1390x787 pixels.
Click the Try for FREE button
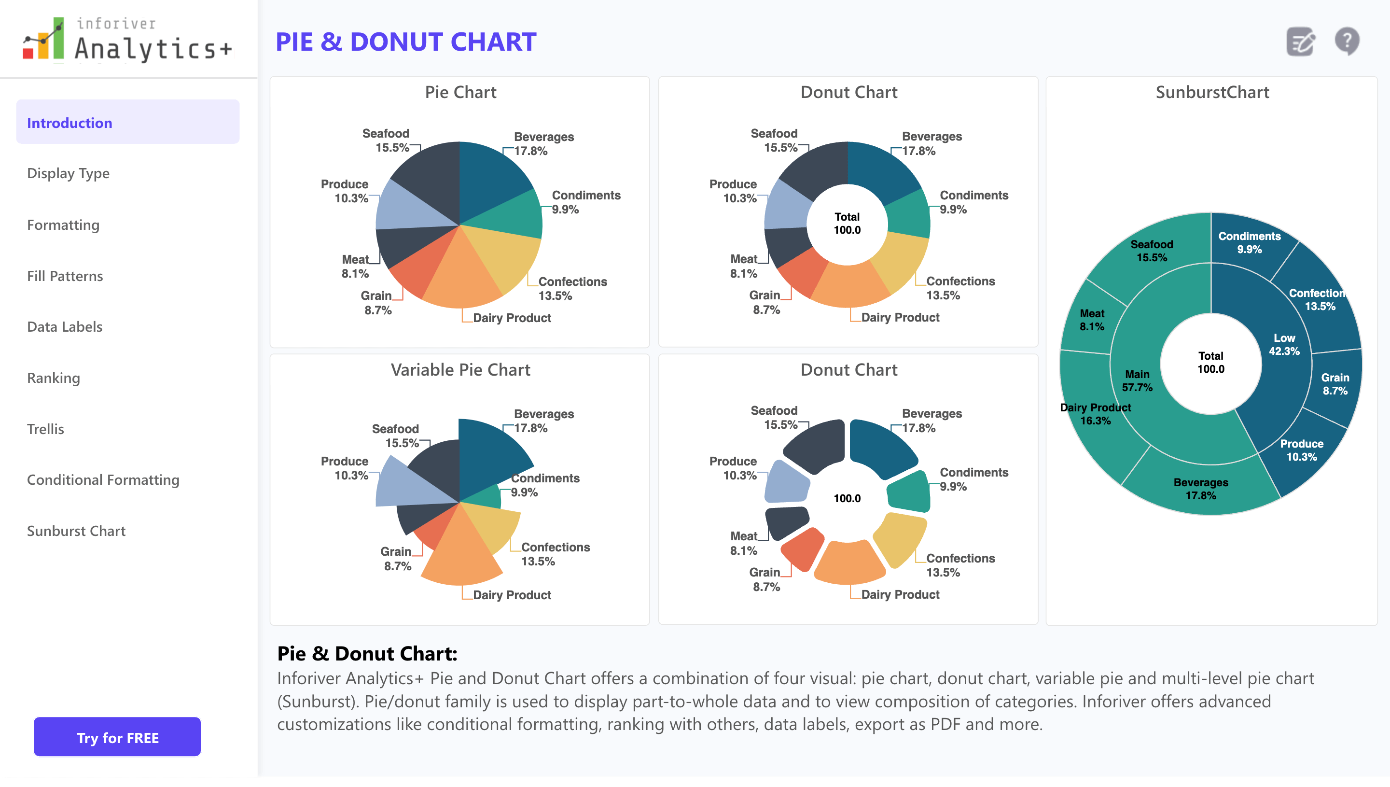click(x=117, y=737)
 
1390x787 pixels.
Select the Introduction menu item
click(x=69, y=123)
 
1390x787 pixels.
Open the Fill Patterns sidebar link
click(x=65, y=276)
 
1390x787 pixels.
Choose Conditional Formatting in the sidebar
click(x=103, y=479)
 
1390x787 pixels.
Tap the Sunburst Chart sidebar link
click(x=76, y=531)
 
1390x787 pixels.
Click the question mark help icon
click(x=1347, y=41)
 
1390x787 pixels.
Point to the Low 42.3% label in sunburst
click(x=1284, y=344)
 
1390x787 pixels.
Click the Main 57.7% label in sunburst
click(x=1137, y=380)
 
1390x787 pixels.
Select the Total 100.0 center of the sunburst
click(x=1210, y=363)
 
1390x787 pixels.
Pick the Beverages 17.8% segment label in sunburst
click(x=1200, y=489)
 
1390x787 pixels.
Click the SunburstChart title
click(x=1212, y=92)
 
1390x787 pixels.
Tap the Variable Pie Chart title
click(x=460, y=370)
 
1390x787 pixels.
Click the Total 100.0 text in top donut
click(x=847, y=223)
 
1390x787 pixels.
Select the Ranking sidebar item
click(x=54, y=378)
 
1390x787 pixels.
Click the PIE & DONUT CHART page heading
click(x=406, y=42)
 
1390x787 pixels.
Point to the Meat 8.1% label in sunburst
click(x=1092, y=320)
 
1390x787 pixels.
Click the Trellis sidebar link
click(x=45, y=429)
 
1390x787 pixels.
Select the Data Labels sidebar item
click(x=65, y=326)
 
